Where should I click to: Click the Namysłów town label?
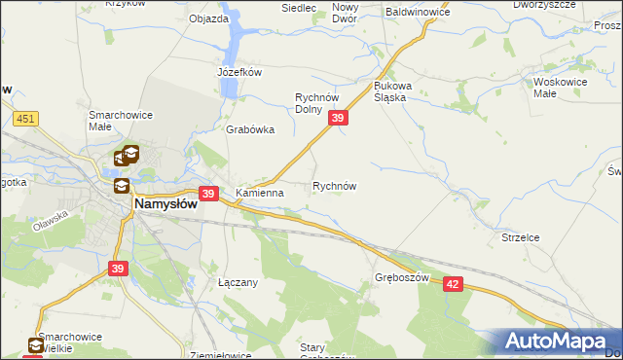click(165, 204)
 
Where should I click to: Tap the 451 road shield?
click(26, 118)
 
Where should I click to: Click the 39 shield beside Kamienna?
click(206, 194)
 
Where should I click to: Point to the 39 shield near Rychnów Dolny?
click(337, 118)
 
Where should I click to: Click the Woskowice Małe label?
click(559, 89)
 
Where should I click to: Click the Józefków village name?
click(240, 72)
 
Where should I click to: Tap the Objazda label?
click(208, 18)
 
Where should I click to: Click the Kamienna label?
click(260, 193)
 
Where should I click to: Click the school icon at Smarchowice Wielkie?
click(36, 345)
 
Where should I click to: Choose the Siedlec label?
click(299, 8)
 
